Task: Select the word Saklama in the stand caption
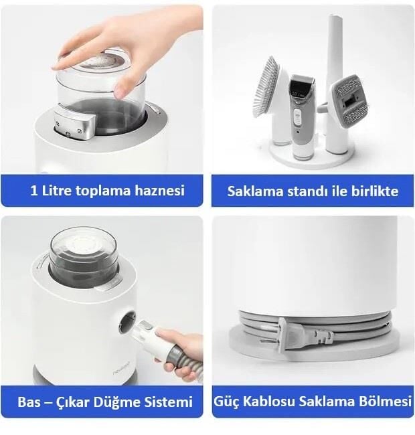(252, 191)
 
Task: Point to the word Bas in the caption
(29, 402)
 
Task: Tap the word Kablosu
(270, 402)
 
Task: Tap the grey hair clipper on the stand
(301, 114)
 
